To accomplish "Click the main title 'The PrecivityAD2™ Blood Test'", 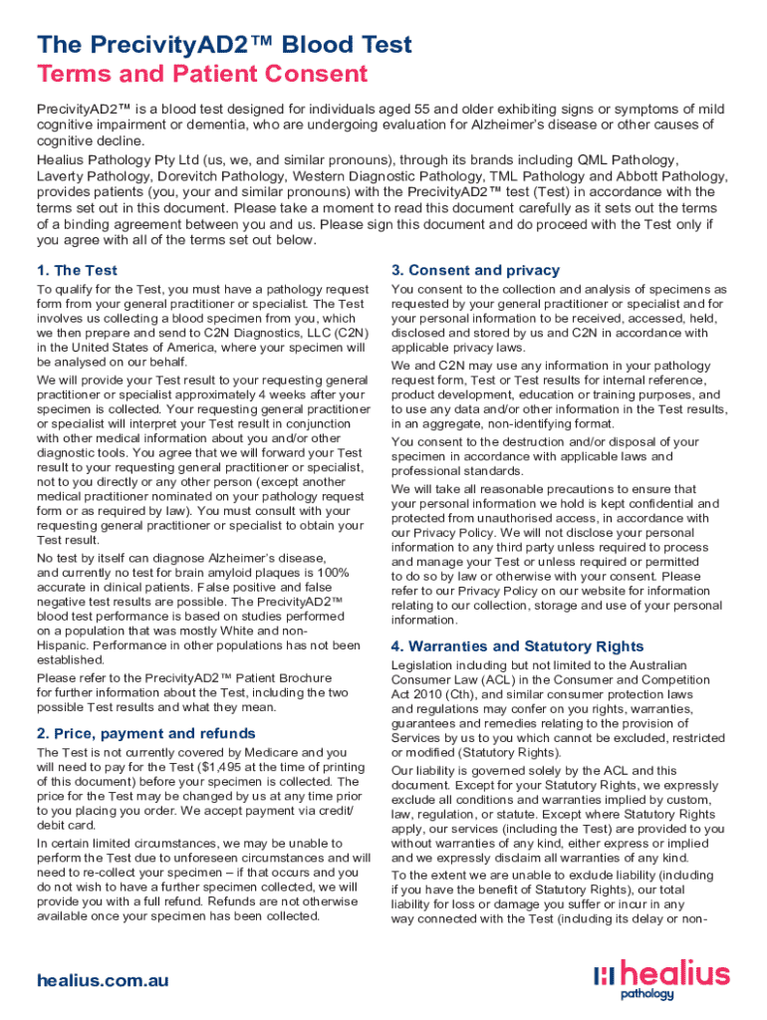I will coord(224,45).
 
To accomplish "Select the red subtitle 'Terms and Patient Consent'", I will coord(202,74).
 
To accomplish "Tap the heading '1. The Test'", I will coord(77,270).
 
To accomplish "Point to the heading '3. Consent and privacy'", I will coord(476,270).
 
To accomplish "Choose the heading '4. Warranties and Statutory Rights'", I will coord(518,645).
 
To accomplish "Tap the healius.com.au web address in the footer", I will coord(103,980).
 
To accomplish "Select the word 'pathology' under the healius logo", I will coord(647,993).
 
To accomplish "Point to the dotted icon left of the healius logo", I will coord(603,977).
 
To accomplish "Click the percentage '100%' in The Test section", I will coord(331,573).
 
